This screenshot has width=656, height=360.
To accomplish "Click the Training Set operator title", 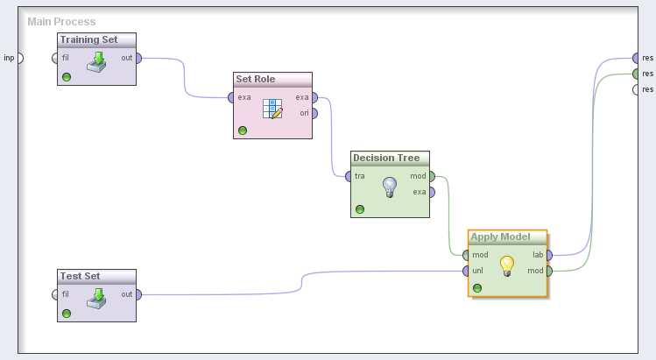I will (x=89, y=39).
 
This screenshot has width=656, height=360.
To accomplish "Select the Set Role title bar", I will (x=256, y=79).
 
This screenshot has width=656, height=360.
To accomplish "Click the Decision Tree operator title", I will (x=386, y=158).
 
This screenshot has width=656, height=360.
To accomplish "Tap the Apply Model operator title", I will (x=500, y=236).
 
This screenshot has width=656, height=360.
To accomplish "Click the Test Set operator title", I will (x=80, y=276).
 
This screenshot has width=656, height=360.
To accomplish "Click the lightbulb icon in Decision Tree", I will (x=390, y=187).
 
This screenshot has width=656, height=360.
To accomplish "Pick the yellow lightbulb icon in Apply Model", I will (x=506, y=265).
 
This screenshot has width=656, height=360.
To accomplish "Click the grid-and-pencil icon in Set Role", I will (x=272, y=108).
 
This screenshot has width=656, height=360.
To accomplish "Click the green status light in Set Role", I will (x=243, y=131).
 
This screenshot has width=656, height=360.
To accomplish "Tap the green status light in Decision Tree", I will (x=360, y=209).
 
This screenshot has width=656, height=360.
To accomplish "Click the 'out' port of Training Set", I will (x=138, y=58).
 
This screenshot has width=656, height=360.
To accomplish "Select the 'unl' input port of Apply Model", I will (x=467, y=271).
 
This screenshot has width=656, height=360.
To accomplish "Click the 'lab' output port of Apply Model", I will (x=549, y=255).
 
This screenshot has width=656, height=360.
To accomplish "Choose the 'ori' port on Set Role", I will (x=314, y=113).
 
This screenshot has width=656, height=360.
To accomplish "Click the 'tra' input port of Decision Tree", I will (x=349, y=176).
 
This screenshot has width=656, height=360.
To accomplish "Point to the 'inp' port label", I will (x=9, y=58).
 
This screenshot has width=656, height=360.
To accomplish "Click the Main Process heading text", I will (x=61, y=21).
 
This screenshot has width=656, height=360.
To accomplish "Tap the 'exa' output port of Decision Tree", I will (x=431, y=192).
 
